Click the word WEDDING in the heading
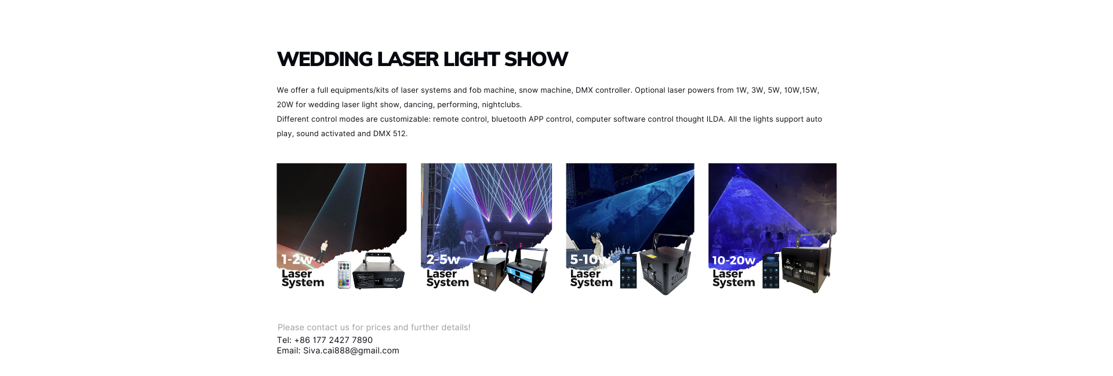(x=325, y=59)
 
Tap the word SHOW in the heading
(x=536, y=59)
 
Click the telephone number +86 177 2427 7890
(x=333, y=340)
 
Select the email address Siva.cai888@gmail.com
(x=351, y=351)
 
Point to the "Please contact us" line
(x=374, y=327)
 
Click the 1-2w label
(x=297, y=260)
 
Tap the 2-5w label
(x=443, y=260)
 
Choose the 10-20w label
(x=733, y=261)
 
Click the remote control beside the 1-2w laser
(x=344, y=275)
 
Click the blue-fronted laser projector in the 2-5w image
(x=526, y=270)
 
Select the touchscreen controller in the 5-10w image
(x=628, y=271)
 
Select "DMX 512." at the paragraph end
(x=390, y=134)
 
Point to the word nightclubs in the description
(x=502, y=105)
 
